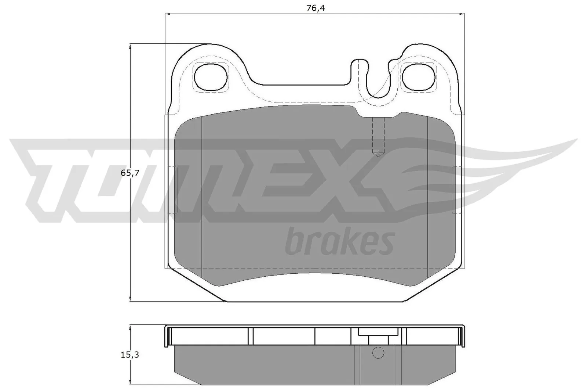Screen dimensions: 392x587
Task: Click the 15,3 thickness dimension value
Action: pos(130,355)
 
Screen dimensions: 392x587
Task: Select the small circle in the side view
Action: pos(378,353)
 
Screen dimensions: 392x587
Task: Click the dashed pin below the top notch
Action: pos(378,136)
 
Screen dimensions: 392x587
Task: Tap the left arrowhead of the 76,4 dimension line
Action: pos(168,14)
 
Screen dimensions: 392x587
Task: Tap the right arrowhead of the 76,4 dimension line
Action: pos(462,14)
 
